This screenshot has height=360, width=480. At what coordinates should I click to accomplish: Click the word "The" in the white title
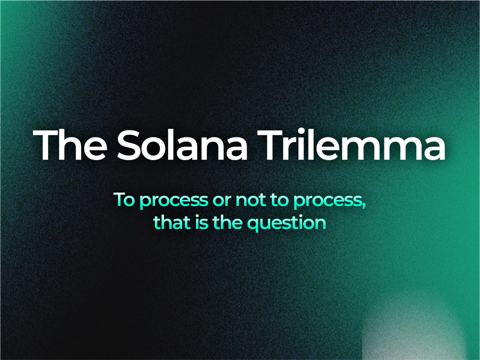point(70,145)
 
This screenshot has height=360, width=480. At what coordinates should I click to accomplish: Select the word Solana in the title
point(183,145)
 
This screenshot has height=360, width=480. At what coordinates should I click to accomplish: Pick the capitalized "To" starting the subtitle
point(124,199)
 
